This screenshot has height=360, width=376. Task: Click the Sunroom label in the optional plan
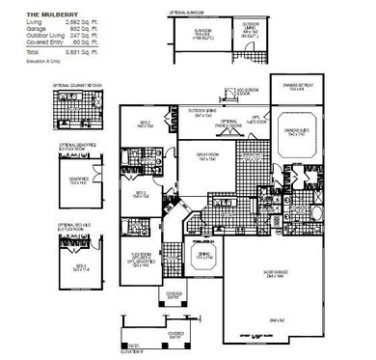pos(202,31)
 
